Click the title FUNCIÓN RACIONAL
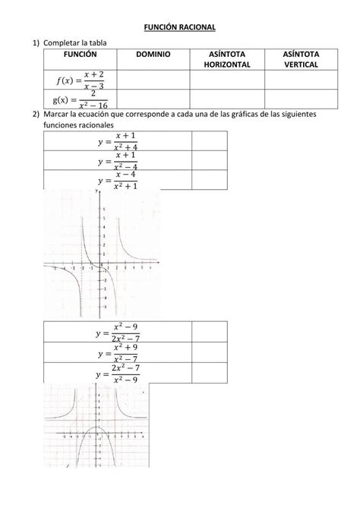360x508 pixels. (x=180, y=27)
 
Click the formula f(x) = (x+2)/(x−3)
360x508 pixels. (x=80, y=79)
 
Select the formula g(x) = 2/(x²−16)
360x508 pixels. (x=80, y=99)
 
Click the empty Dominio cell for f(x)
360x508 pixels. (x=153, y=79)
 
